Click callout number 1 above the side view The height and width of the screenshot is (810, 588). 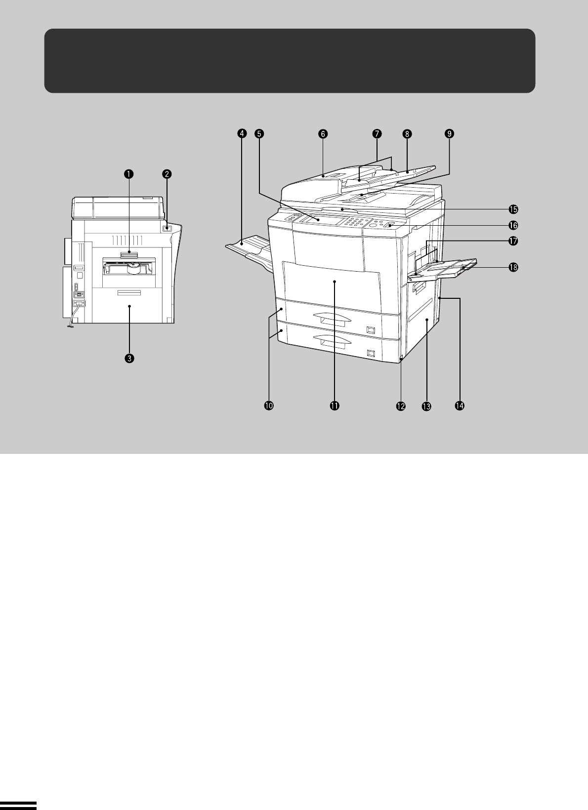(x=129, y=174)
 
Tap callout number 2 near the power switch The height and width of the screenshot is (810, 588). (x=167, y=174)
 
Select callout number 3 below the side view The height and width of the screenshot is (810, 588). (x=129, y=359)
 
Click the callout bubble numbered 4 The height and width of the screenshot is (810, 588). (x=242, y=133)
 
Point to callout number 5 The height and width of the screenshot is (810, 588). (x=259, y=133)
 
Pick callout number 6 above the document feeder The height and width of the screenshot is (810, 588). (x=323, y=134)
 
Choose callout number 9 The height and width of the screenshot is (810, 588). (x=449, y=133)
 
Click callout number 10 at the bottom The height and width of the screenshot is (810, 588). (x=269, y=405)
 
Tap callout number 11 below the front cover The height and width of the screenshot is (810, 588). (x=335, y=405)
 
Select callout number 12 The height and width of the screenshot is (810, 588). (x=401, y=406)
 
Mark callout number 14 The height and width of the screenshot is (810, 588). (x=460, y=405)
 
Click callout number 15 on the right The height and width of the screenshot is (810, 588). (x=513, y=209)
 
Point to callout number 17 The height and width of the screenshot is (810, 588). (x=513, y=241)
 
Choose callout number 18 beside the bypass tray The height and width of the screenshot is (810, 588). (x=513, y=267)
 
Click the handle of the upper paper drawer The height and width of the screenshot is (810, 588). (x=333, y=318)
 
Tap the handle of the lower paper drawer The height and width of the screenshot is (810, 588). (x=333, y=341)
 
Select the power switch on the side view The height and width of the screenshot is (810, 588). (x=167, y=228)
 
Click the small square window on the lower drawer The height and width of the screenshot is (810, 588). (x=370, y=353)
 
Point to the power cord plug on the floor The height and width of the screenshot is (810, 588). (x=70, y=326)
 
